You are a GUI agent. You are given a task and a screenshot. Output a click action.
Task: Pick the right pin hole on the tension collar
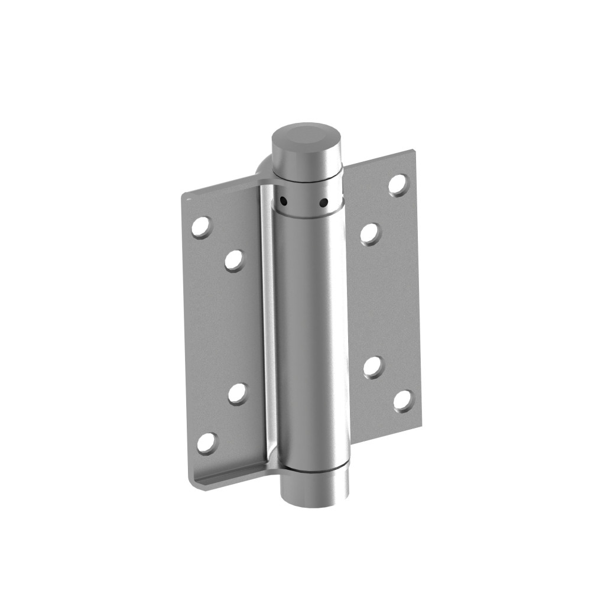(x=323, y=203)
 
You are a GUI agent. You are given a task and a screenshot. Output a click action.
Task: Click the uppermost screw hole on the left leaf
(x=201, y=227)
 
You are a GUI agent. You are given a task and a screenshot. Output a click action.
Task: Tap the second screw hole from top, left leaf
(x=234, y=260)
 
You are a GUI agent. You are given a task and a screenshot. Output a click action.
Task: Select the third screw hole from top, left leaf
(x=238, y=394)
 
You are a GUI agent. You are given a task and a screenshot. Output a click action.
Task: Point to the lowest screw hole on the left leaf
(x=207, y=443)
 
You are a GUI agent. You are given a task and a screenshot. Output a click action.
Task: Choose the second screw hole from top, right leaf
(x=371, y=233)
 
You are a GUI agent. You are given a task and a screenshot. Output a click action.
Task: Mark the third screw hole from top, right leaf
(x=373, y=367)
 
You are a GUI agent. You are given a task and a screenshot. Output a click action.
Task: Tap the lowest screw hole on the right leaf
(x=403, y=401)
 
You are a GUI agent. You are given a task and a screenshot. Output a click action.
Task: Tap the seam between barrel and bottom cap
(x=313, y=468)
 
